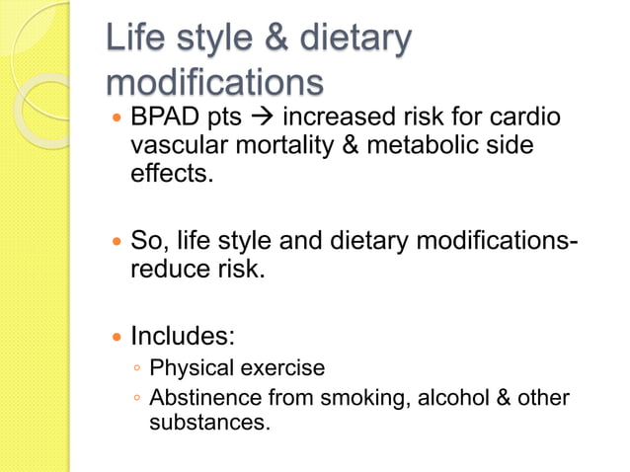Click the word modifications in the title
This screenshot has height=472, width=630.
click(x=215, y=81)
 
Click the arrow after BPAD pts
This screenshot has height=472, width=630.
click(x=265, y=118)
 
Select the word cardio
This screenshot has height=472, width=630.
click(x=526, y=118)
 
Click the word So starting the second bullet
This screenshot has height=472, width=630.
click(x=147, y=240)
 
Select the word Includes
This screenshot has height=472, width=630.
click(x=183, y=336)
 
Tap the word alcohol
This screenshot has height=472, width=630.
click(x=450, y=398)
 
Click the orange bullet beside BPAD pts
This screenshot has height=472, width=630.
click(x=118, y=118)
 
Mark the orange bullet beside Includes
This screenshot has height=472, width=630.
click(x=118, y=337)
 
